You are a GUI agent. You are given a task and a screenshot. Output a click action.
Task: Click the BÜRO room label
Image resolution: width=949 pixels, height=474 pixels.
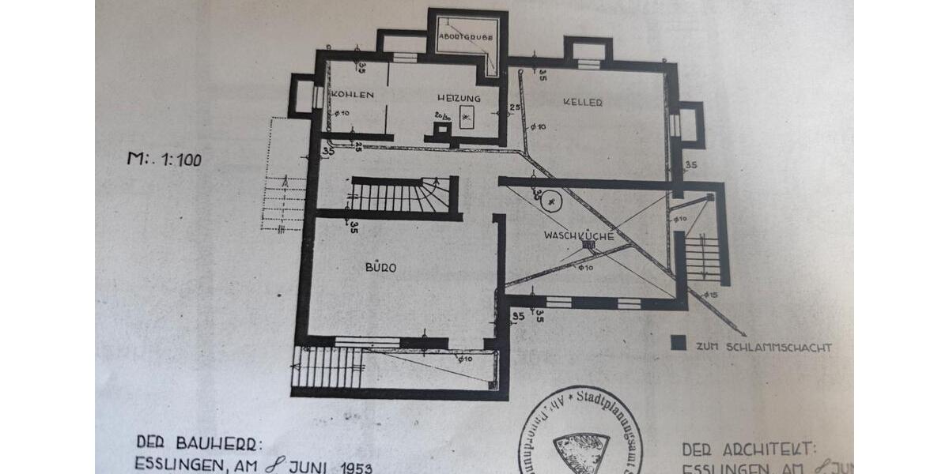tap(380, 268)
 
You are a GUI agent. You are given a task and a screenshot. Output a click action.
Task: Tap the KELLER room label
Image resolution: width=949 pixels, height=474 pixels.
tap(584, 102)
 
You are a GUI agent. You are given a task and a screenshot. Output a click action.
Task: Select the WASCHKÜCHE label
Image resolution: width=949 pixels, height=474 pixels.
tap(579, 235)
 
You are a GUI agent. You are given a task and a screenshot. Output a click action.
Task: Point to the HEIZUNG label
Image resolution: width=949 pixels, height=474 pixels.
tap(459, 98)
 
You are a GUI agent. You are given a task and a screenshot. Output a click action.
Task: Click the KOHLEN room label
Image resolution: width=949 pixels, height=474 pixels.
tap(352, 95)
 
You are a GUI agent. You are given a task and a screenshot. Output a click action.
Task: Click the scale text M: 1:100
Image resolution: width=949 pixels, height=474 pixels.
tap(164, 159)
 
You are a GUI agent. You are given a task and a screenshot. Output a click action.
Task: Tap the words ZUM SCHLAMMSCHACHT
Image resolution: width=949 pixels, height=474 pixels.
tap(763, 347)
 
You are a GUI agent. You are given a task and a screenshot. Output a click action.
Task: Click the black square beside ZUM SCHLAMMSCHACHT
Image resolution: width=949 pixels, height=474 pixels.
tap(677, 344)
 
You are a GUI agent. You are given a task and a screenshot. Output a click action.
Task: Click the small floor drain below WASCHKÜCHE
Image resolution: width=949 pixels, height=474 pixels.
tap(588, 246)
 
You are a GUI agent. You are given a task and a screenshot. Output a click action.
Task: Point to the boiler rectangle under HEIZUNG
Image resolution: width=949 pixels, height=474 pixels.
tap(467, 116)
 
